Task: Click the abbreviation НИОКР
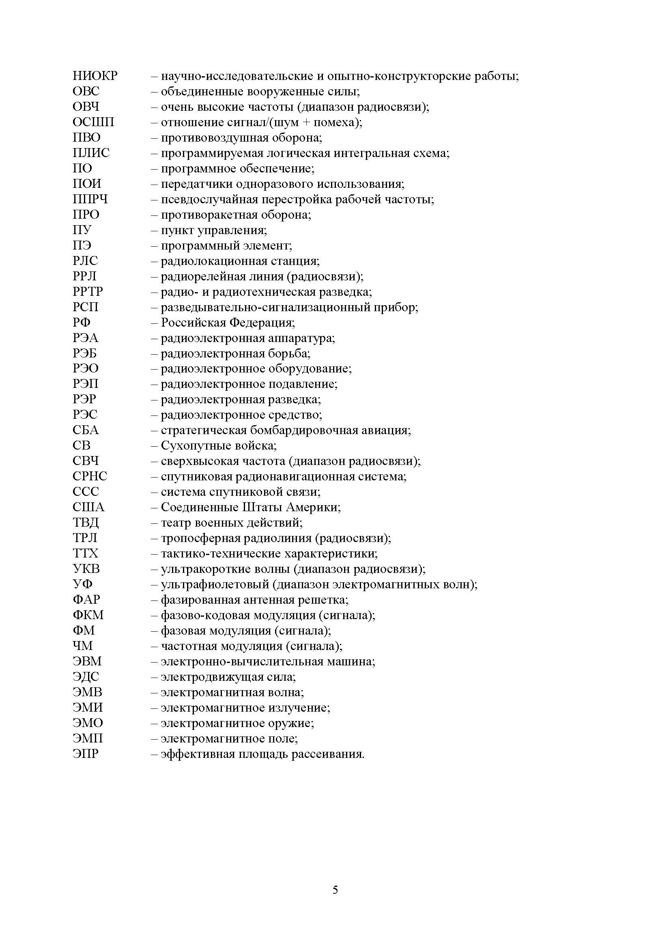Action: point(95,76)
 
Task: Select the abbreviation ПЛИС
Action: point(91,153)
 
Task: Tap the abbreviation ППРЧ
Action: point(90,199)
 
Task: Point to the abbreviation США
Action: point(88,507)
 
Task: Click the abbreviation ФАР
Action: point(86,599)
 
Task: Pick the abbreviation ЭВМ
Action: point(87,661)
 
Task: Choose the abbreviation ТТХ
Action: point(86,553)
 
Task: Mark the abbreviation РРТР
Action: point(88,292)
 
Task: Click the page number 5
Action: point(335,890)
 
